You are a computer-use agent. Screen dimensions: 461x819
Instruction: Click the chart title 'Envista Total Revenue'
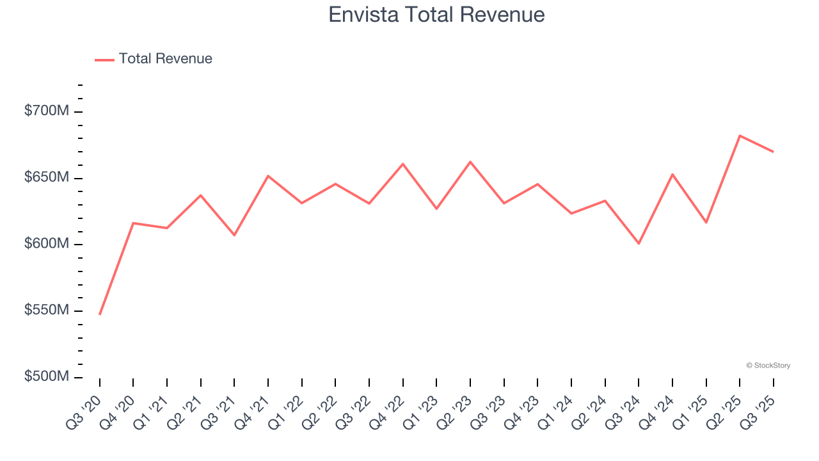(436, 15)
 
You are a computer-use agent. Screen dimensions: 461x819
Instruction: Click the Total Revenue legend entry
(154, 59)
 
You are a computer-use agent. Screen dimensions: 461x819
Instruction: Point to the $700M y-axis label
(47, 111)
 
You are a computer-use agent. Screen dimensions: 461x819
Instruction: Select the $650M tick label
(47, 177)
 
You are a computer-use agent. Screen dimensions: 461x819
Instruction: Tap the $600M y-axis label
(47, 244)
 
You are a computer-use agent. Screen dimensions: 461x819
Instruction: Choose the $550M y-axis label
(47, 311)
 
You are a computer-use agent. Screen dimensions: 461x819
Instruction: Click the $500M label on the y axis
(47, 376)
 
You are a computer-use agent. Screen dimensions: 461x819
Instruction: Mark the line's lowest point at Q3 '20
(100, 314)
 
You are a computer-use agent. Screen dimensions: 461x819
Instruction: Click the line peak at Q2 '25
(740, 136)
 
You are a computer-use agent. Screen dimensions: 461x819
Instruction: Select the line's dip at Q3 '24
(639, 243)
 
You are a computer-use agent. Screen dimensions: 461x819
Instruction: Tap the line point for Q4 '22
(403, 164)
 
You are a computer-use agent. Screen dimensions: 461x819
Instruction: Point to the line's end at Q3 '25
(773, 152)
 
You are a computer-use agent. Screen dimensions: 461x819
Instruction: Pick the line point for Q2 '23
(470, 161)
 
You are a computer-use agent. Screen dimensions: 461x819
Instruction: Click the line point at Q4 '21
(268, 175)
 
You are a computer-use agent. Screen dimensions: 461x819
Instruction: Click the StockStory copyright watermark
(768, 366)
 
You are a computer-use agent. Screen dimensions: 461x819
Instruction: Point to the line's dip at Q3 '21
(234, 235)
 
